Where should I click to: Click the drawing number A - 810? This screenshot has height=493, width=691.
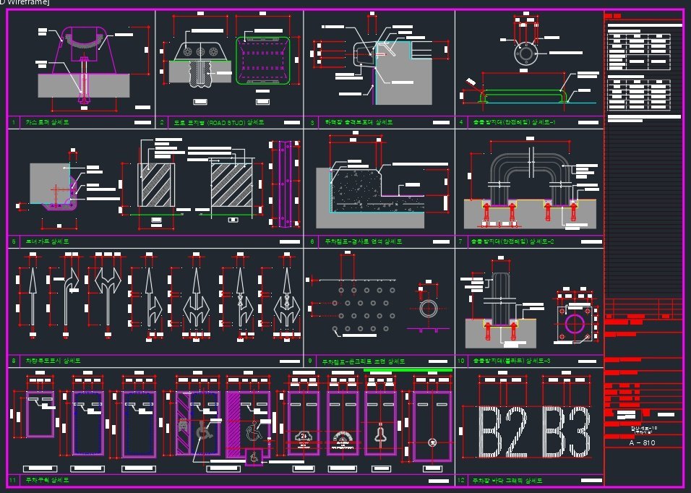coord(641,443)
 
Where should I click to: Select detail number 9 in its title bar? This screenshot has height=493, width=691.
coord(309,361)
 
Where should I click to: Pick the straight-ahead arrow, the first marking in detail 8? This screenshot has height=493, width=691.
coord(31,296)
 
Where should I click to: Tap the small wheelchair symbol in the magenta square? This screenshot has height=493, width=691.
coord(254,457)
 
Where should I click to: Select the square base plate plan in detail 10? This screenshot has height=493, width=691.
coord(577,319)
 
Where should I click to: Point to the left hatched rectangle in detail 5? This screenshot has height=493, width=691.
coord(157,186)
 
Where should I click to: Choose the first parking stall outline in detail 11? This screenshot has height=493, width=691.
coord(40,414)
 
